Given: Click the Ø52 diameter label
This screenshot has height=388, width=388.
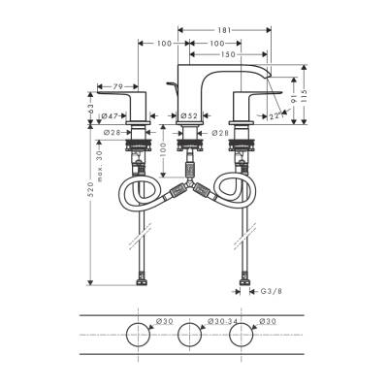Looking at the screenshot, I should [x=190, y=115].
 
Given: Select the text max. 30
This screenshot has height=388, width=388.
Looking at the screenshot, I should [x=100, y=154].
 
